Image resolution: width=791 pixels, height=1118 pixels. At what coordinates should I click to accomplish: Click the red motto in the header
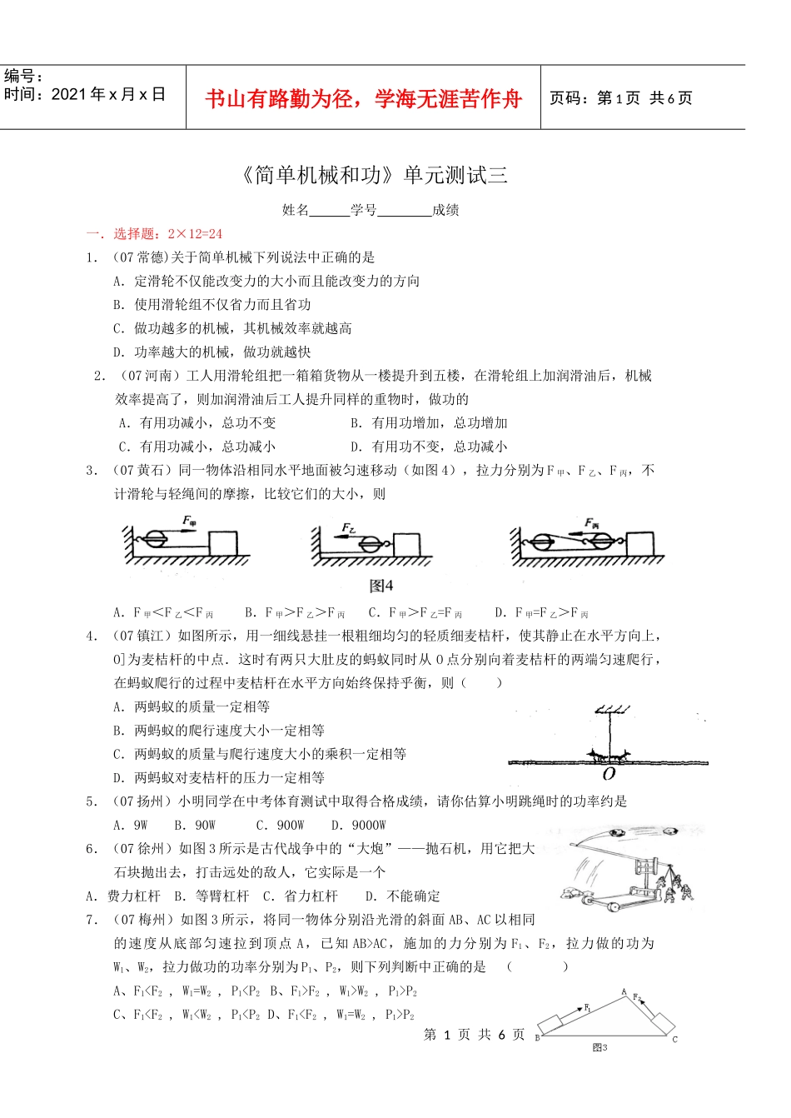[363, 99]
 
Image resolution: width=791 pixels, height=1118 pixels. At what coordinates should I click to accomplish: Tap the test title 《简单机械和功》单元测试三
[373, 175]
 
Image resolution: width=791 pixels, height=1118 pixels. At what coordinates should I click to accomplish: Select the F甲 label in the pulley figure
[190, 522]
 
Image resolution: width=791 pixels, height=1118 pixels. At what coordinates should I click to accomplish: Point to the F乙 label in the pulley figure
[349, 528]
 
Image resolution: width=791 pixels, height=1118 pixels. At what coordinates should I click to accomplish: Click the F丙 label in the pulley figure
[592, 522]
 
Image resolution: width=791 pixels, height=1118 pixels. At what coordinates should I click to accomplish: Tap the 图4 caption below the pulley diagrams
[381, 585]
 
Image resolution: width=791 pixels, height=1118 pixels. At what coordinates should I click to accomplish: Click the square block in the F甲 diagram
[223, 543]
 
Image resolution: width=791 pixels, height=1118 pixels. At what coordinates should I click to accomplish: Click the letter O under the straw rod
[609, 774]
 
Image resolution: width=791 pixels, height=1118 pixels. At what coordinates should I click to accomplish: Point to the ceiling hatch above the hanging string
[611, 710]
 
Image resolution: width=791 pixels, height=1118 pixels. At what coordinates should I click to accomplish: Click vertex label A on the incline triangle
[624, 991]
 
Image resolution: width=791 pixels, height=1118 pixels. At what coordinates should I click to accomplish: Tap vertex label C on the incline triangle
[674, 1039]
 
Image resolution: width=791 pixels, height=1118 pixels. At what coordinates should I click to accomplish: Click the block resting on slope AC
[659, 1023]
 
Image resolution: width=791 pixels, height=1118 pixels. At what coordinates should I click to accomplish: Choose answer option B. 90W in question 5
[195, 825]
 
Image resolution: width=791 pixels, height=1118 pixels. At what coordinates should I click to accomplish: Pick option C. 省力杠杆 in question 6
[301, 896]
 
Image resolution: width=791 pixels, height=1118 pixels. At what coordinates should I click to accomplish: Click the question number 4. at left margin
[92, 636]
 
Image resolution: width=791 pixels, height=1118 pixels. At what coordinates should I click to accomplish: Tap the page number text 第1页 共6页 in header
[620, 98]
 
